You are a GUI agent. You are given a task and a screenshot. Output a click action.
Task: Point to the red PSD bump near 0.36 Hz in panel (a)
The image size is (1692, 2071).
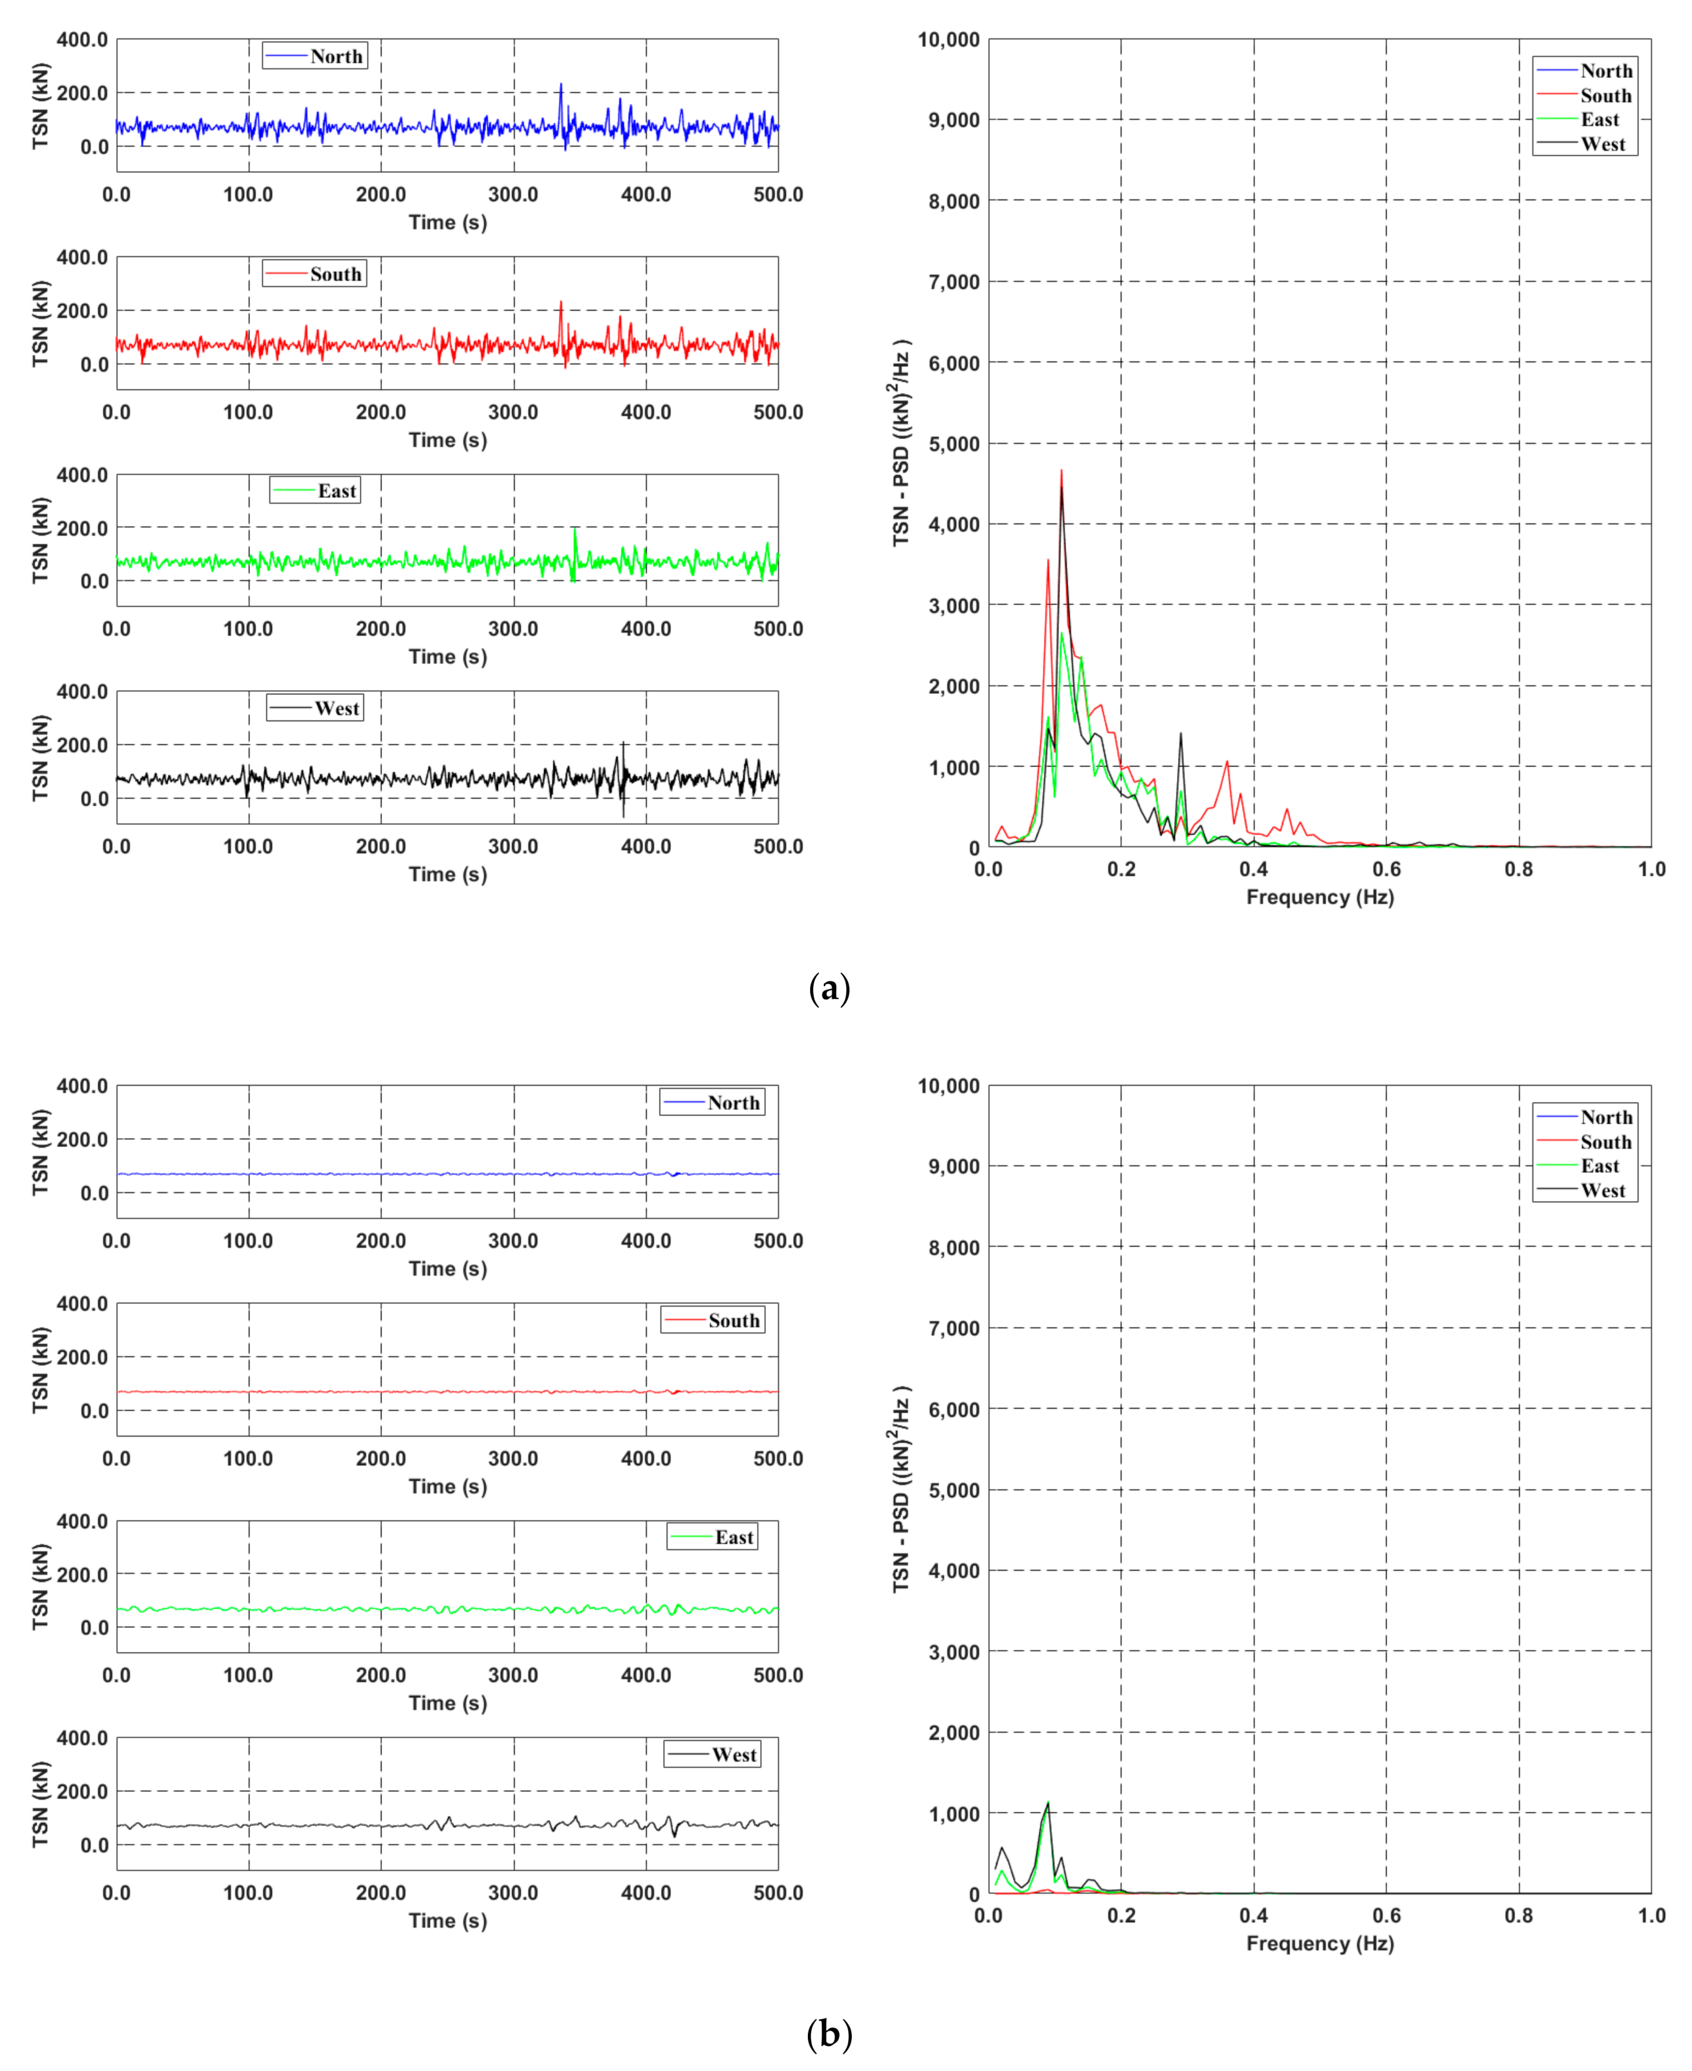point(1227,762)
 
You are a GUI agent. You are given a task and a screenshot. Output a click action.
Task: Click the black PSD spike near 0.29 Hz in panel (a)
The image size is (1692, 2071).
point(1180,734)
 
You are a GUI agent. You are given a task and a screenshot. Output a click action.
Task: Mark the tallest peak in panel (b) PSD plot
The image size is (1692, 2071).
point(1048,1802)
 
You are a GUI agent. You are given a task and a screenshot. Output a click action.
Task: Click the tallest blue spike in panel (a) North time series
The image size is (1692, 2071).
point(561,85)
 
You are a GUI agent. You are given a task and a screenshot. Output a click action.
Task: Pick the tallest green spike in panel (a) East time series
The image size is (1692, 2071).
point(575,530)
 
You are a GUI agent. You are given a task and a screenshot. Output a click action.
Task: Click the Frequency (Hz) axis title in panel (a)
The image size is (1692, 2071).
point(1320,897)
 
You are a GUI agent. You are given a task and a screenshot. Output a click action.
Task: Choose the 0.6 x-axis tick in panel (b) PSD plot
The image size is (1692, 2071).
point(1386,1915)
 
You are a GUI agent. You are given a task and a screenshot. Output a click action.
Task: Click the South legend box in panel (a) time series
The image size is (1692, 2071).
point(314,274)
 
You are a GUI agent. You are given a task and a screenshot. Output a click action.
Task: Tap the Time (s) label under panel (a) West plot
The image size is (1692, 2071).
point(447,874)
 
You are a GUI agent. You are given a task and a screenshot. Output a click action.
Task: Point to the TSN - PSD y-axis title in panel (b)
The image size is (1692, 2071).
point(902,1489)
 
